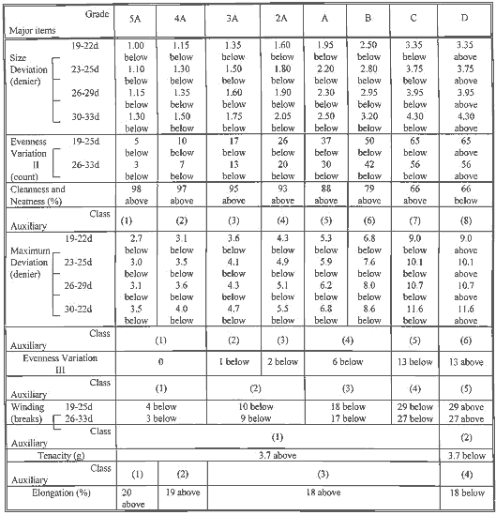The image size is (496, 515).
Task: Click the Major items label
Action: (30, 29)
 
